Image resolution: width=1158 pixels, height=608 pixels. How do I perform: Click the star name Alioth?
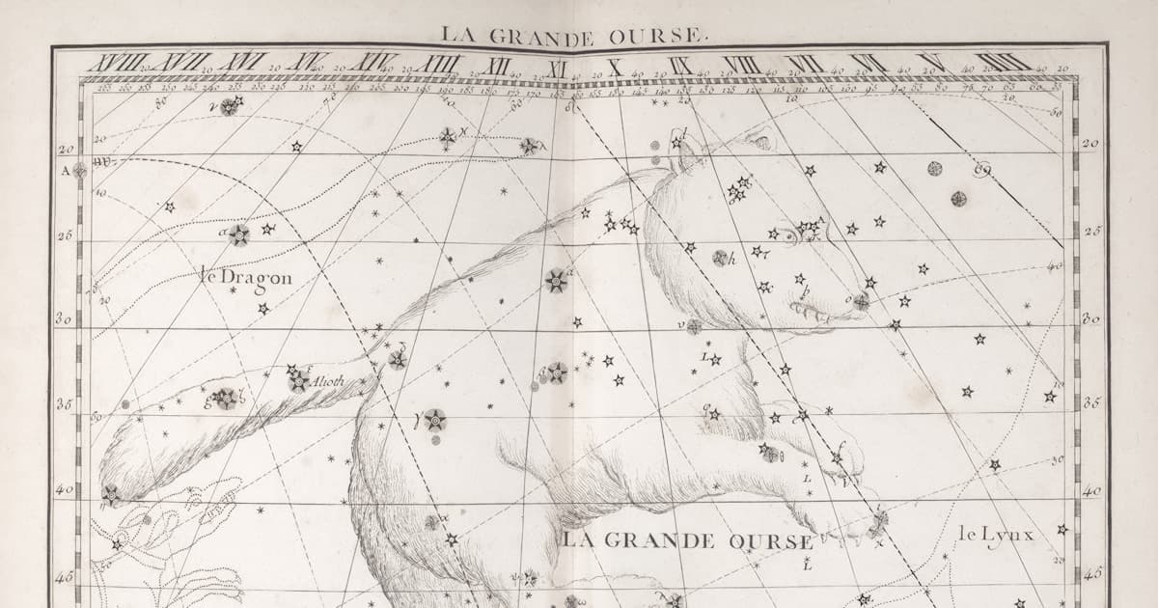coord(328,380)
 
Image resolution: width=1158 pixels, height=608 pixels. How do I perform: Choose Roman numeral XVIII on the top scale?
coord(113,64)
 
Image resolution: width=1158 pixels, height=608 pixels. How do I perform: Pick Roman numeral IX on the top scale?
coord(680,65)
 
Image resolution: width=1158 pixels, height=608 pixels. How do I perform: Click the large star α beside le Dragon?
coord(238,235)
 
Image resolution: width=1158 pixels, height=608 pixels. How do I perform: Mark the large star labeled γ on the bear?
coord(434,420)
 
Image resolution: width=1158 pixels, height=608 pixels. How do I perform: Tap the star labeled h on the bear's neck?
coord(720,258)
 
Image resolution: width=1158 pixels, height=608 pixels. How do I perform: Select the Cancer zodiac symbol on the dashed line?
coord(982,172)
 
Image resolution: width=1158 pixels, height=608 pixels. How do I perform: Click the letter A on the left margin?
coord(67,170)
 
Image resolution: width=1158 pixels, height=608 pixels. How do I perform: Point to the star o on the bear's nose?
coord(860,301)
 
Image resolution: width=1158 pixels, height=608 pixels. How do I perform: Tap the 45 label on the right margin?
coord(1091,573)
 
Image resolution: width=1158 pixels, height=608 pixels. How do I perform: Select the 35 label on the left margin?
coord(66,404)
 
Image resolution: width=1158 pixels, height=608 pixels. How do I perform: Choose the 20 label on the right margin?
coord(1090,144)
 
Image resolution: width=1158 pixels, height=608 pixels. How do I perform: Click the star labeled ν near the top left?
coord(229,106)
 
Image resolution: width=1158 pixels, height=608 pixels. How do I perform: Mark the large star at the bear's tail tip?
coord(111,494)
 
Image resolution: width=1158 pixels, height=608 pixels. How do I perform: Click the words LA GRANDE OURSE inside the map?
coord(687,540)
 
